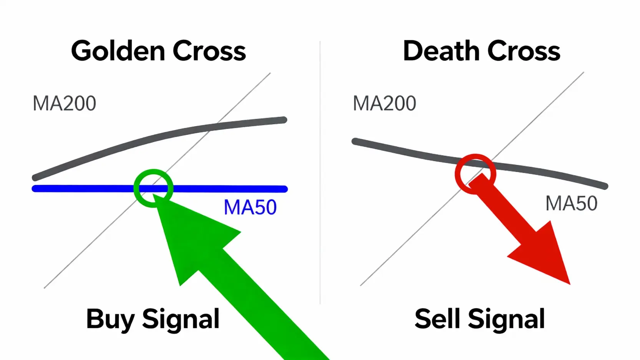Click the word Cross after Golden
point(209,51)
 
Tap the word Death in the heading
point(441,51)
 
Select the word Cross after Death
point(524,51)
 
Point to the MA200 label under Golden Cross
point(64,103)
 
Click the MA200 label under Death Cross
point(384,103)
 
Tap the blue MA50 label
point(250,207)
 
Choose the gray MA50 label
point(571,203)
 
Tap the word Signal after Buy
point(181,319)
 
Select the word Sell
point(437,319)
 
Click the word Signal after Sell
point(506,319)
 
